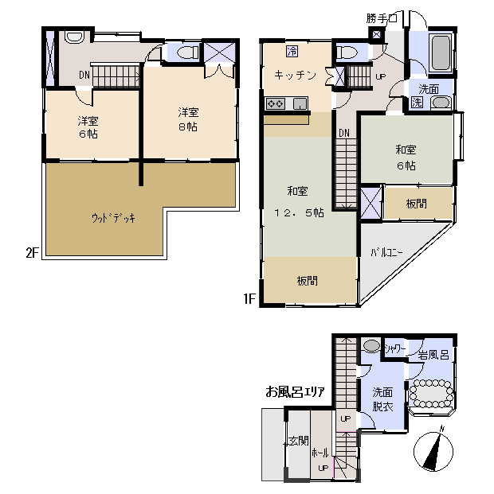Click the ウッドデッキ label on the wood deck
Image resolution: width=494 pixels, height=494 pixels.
point(113,218)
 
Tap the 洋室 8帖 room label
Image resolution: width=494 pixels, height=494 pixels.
point(188,119)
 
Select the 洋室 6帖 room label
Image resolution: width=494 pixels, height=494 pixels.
point(88,127)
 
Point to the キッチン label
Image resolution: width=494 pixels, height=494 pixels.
point(295,75)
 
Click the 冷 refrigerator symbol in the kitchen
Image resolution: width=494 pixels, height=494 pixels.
point(292,51)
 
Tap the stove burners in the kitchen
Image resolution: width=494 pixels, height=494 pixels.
point(276,103)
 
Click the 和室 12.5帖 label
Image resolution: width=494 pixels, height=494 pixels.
point(298,201)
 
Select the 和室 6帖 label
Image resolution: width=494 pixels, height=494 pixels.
point(406,158)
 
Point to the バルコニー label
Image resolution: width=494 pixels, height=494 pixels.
point(386,253)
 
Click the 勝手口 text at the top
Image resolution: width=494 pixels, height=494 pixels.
point(382,18)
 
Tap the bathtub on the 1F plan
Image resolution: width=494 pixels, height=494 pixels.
point(441,53)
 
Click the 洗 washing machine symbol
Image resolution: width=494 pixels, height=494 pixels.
point(417,103)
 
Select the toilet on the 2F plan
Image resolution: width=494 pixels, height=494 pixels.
point(186,53)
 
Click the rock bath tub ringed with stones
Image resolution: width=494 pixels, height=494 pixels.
point(431,394)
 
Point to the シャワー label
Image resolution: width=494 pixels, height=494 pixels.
point(395,348)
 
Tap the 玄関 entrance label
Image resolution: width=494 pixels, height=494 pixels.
point(298,441)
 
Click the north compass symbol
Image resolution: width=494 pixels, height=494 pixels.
point(433,451)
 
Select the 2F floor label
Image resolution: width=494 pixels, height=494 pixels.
point(32,252)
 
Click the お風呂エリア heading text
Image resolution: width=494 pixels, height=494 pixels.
point(295,392)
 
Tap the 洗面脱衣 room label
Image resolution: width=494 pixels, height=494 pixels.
point(382,399)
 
